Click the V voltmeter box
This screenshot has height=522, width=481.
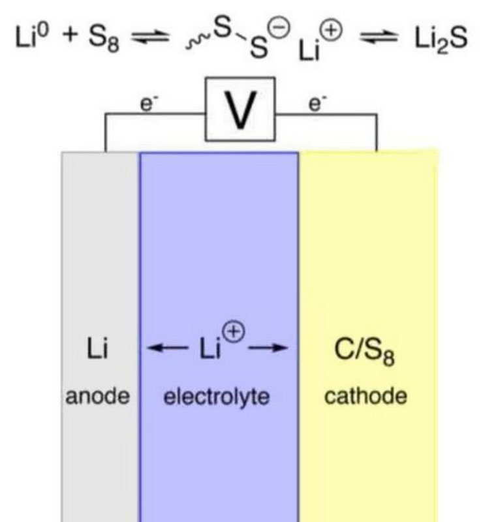(x=240, y=109)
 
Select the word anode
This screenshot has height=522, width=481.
(x=97, y=396)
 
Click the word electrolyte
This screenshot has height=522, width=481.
(x=217, y=397)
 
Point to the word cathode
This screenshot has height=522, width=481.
(x=365, y=396)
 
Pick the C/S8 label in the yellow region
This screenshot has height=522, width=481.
(x=364, y=351)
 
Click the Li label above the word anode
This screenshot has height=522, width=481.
(x=97, y=348)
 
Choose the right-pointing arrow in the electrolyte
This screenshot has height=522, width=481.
(x=268, y=348)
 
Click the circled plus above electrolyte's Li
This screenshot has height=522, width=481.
(x=234, y=331)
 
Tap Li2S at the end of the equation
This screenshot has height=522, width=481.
(x=441, y=38)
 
